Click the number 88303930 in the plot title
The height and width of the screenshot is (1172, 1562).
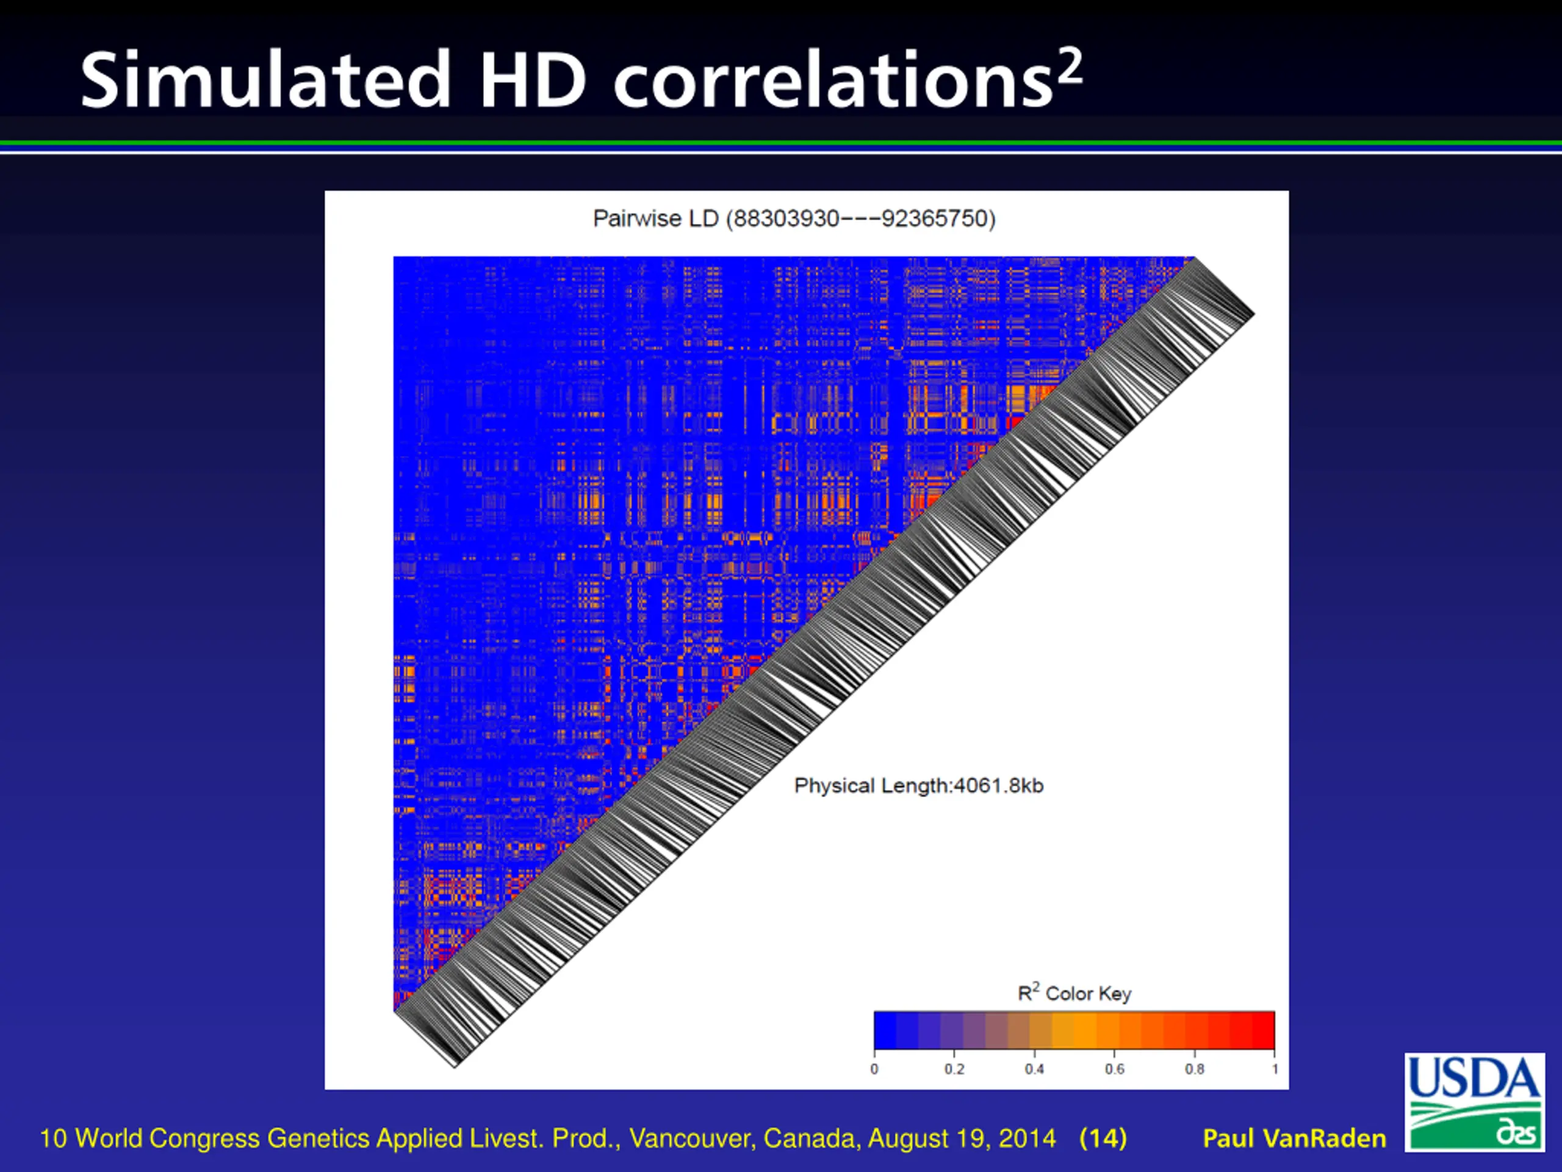tap(786, 219)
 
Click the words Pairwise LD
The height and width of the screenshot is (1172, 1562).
tap(656, 219)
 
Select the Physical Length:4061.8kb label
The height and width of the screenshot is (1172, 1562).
tap(918, 786)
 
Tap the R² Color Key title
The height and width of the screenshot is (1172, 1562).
tap(1074, 993)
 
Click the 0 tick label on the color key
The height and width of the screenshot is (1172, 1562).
tap(874, 1069)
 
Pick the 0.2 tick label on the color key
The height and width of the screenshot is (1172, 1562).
tap(954, 1069)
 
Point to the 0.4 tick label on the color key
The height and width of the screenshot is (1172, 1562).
tap(1034, 1069)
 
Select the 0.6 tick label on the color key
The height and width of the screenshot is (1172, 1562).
tap(1114, 1069)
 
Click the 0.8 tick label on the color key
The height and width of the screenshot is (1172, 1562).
tap(1195, 1069)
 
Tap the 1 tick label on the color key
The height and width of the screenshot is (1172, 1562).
tap(1275, 1069)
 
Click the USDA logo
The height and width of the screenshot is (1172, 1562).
tap(1474, 1101)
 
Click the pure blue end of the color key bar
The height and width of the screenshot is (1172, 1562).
tap(885, 1030)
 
